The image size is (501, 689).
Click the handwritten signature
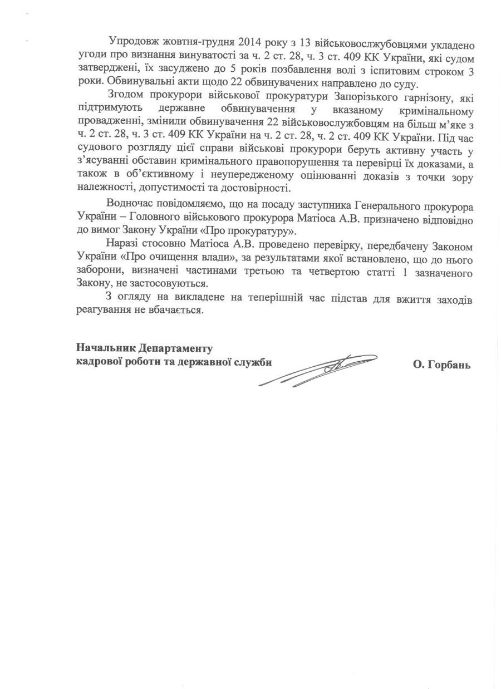328,367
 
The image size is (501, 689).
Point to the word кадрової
100,362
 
